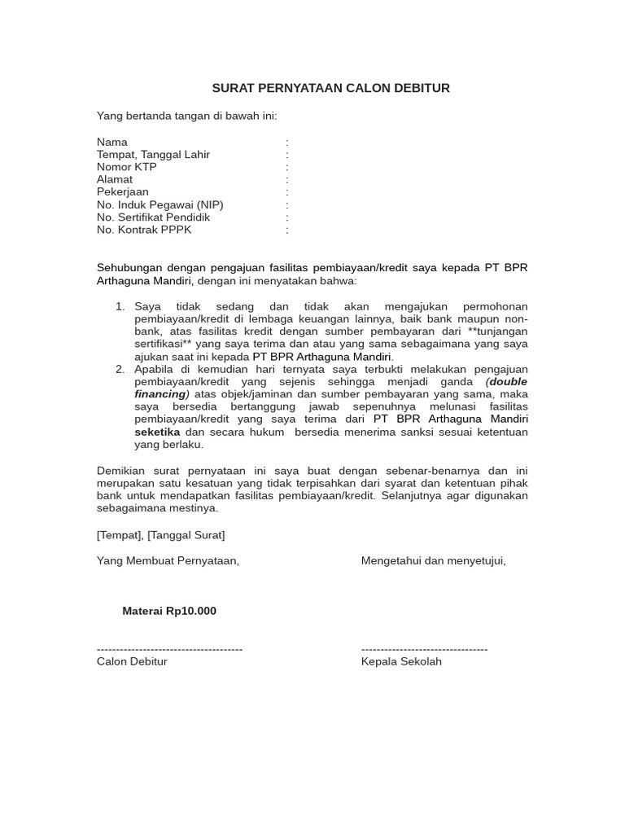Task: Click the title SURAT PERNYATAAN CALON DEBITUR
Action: coord(330,88)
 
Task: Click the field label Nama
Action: coord(112,142)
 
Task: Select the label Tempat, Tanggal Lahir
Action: coord(153,155)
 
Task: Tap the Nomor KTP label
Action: coord(127,167)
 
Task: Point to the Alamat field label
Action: coord(115,179)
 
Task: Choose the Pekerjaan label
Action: coord(123,192)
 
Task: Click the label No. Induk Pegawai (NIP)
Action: coord(160,205)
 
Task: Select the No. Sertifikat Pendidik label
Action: coord(153,217)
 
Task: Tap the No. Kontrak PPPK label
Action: coord(145,230)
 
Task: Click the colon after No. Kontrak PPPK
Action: coord(287,230)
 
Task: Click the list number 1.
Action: coord(120,306)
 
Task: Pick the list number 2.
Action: coord(120,369)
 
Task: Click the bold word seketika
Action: coord(158,432)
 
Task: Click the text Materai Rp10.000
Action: coord(169,611)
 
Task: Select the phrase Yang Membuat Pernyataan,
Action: coord(168,560)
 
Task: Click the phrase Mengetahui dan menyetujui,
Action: coord(433,560)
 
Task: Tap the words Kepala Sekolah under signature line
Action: coord(401,661)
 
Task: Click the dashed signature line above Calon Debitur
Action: coord(169,649)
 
